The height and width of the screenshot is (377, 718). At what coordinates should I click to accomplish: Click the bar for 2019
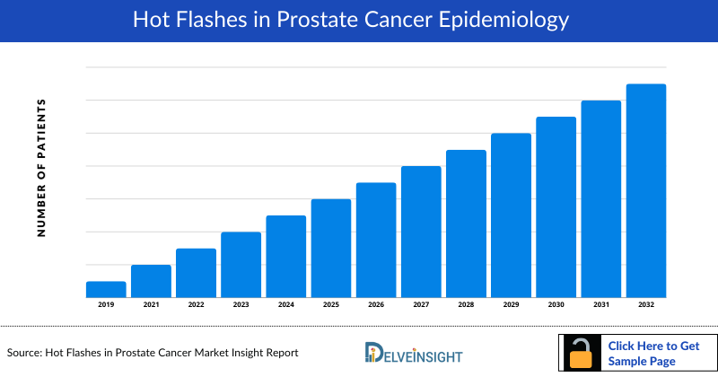tap(106, 289)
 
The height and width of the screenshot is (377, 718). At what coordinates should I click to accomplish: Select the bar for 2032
tap(645, 190)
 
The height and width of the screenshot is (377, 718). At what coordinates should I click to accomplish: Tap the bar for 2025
tap(331, 248)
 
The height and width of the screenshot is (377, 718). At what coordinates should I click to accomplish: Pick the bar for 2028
tap(466, 224)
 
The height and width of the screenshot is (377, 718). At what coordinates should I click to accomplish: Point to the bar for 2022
tap(196, 273)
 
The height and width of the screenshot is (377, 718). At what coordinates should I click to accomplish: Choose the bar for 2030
tap(556, 206)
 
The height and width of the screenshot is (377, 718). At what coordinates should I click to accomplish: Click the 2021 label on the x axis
tap(151, 305)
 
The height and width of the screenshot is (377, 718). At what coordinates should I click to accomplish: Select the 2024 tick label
tap(285, 305)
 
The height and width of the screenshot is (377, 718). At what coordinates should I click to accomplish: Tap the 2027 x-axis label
tap(421, 305)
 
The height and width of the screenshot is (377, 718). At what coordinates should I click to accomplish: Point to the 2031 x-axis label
tap(600, 305)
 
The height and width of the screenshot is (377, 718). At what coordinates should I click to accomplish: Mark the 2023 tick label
tap(241, 305)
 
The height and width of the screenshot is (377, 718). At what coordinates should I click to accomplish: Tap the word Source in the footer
tap(24, 353)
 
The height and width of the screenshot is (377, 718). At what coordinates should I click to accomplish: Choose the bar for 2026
tap(376, 240)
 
